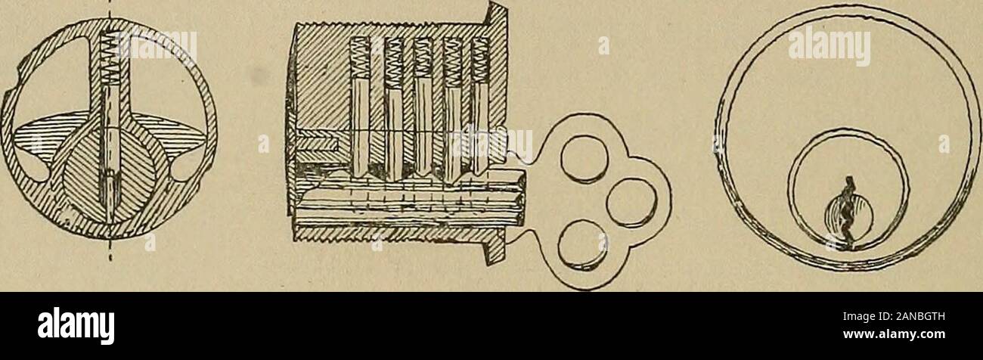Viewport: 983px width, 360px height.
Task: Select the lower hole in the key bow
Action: pyautogui.click(x=583, y=246)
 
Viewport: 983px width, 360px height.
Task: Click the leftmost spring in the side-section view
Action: pyautogui.click(x=360, y=61)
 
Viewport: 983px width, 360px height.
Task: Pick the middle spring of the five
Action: pyautogui.click(x=422, y=61)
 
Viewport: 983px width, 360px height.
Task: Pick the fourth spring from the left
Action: pyautogui.click(x=452, y=62)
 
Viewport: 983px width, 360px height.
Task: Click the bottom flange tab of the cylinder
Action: pyautogui.click(x=495, y=249)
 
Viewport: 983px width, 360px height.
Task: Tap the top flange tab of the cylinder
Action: pyautogui.click(x=498, y=20)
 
